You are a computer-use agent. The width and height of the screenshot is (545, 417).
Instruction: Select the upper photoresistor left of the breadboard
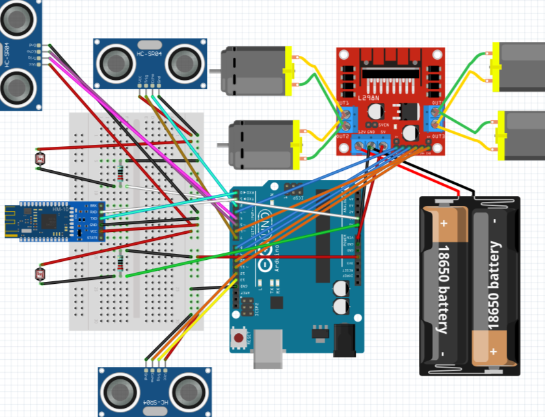(36, 157)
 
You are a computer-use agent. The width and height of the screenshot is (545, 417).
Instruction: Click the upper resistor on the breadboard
(122, 172)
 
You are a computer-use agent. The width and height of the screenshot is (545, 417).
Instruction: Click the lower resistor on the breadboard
(120, 262)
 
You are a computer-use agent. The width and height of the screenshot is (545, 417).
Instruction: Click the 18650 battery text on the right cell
(496, 285)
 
